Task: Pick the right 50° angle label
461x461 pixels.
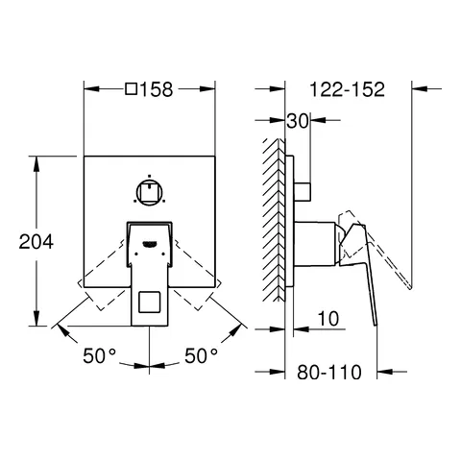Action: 202,356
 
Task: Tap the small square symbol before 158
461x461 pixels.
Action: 132,90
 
